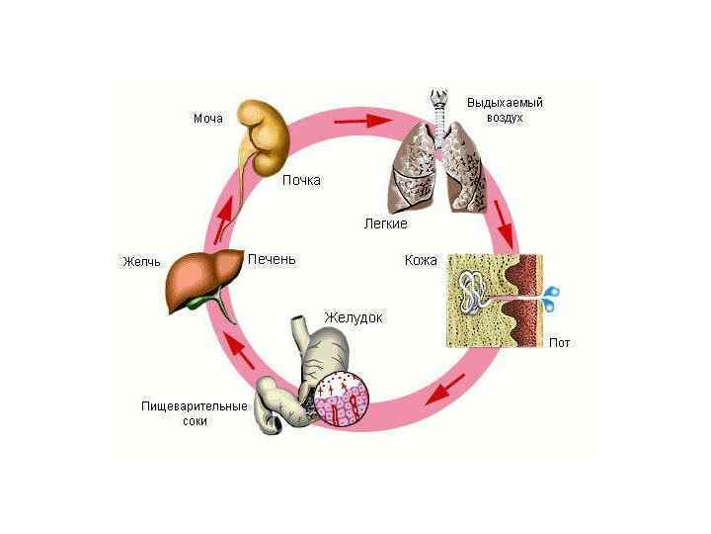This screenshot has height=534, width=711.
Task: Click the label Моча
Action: [x=208, y=119]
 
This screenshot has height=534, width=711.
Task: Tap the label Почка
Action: [x=301, y=180]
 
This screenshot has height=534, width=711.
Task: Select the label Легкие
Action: [x=385, y=224]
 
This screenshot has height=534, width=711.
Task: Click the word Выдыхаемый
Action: [x=505, y=102]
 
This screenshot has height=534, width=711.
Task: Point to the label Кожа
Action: [x=422, y=261]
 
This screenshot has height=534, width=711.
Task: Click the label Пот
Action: [x=560, y=343]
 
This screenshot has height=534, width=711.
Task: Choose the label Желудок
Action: [x=353, y=317]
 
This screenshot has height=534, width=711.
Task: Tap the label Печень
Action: [x=272, y=259]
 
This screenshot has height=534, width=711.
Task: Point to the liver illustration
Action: [x=203, y=279]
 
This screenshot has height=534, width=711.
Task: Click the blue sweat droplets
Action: [x=552, y=294]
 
